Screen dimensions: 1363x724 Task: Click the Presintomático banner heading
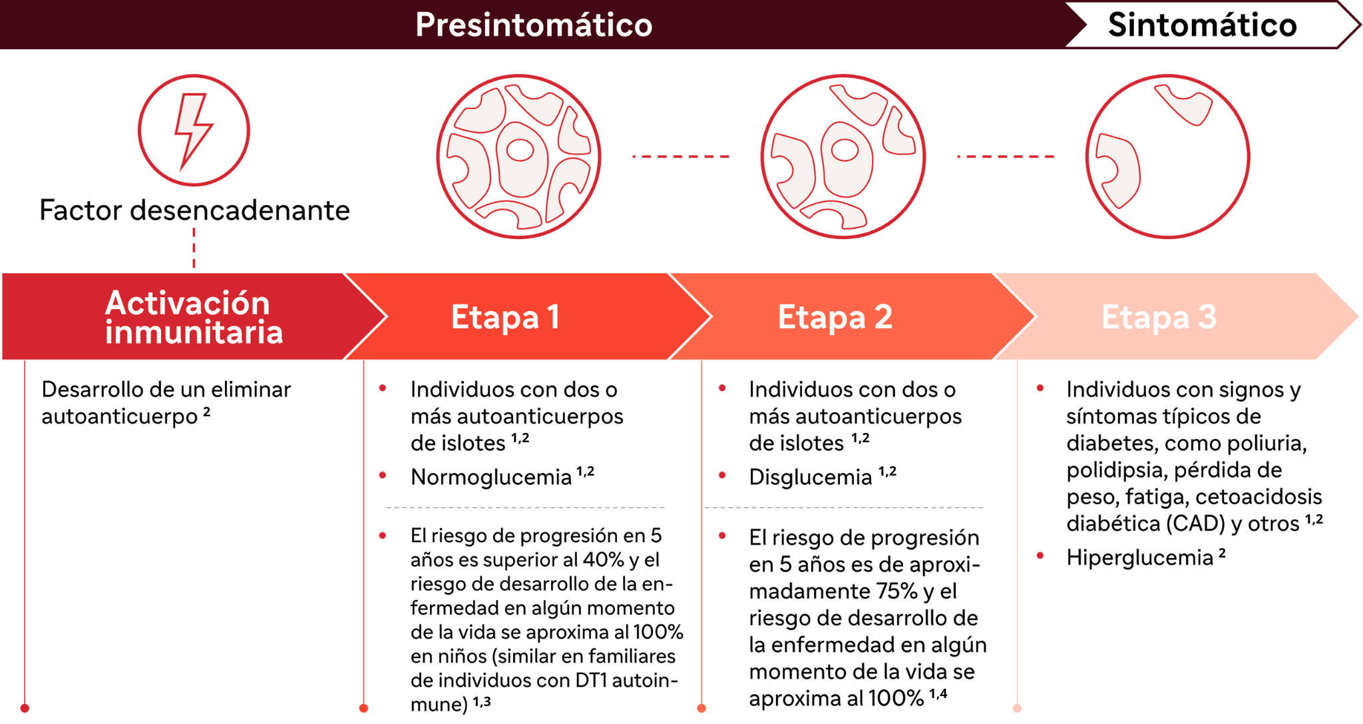[534, 25]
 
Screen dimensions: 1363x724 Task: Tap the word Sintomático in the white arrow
[1202, 25]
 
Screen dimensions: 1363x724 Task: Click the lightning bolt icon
[193, 131]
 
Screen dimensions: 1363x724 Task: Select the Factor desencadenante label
[194, 210]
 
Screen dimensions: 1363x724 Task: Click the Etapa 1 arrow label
[505, 316]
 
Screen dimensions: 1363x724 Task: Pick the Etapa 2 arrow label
[835, 316]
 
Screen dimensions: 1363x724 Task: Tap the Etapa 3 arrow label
[1159, 316]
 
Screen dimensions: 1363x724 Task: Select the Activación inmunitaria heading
[194, 317]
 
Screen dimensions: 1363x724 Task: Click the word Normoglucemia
[491, 477]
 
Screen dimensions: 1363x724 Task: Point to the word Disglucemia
[810, 477]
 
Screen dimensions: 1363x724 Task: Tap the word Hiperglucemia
[1139, 557]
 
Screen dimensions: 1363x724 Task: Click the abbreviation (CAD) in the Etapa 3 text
[1195, 524]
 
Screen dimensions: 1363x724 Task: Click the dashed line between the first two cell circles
[681, 157]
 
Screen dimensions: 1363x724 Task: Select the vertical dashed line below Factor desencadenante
[194, 248]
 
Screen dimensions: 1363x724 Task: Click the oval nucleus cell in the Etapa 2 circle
[845, 159]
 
